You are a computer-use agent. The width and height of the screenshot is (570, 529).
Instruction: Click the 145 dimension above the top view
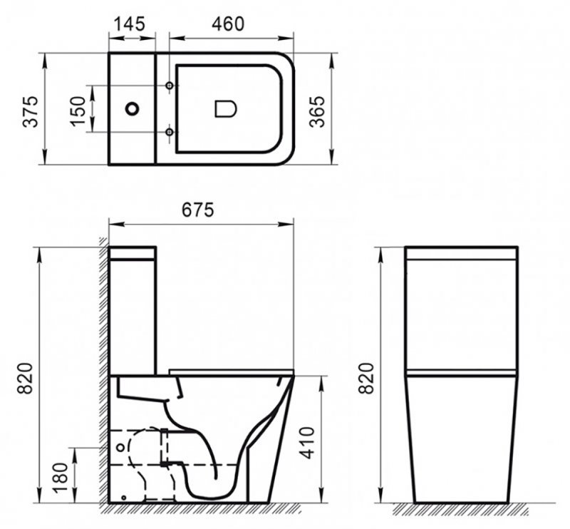coord(131,24)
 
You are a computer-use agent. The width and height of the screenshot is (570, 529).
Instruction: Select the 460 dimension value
coord(228,24)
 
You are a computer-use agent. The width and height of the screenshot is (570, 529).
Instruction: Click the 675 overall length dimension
coord(198,210)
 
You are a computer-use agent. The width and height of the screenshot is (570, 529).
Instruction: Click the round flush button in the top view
coord(133,109)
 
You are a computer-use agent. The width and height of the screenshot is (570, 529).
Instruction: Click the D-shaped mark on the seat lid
coord(225,109)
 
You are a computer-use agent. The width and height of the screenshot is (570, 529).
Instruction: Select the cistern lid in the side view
coord(133,253)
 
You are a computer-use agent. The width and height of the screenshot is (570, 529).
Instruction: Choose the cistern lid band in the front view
coord(461,252)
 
